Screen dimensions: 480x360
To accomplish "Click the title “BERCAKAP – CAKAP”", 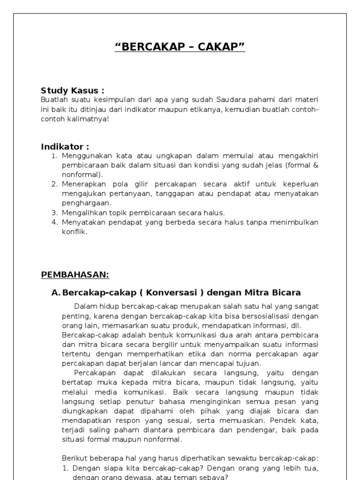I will coord(180,47).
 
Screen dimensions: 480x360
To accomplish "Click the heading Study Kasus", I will coord(72,90).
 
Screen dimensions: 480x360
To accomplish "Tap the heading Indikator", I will coord(65,147).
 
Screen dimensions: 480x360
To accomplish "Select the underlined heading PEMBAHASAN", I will coord(75,274).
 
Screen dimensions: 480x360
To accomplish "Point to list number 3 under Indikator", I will coord(54,212).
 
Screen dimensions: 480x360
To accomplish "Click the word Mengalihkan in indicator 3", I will coord(82,212).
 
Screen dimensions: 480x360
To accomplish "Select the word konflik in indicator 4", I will coord(74,231).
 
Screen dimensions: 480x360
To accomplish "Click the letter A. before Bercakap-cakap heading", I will coord(56,293).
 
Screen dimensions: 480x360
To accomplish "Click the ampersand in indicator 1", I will coord(315,165).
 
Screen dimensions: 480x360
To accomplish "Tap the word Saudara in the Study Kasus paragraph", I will coord(230,100).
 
